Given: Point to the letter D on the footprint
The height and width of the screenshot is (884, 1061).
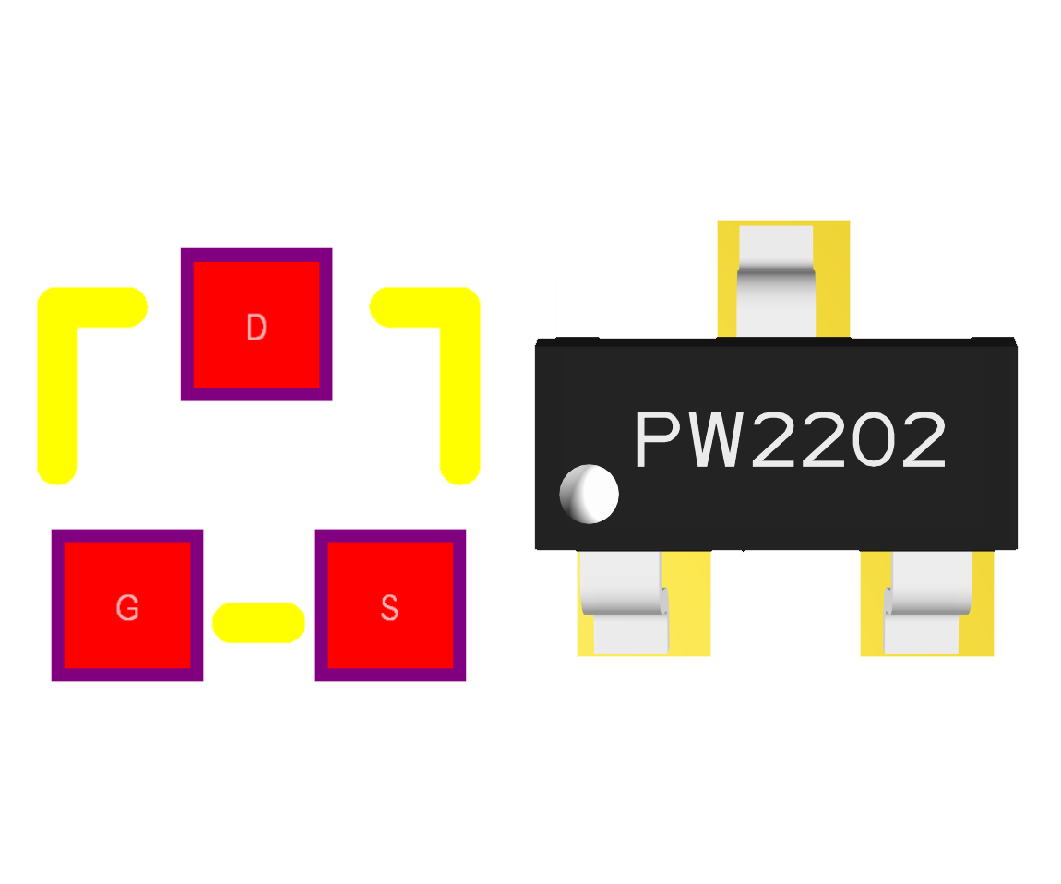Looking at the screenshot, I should pyautogui.click(x=256, y=328).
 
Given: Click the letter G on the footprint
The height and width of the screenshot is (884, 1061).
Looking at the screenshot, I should pyautogui.click(x=127, y=608).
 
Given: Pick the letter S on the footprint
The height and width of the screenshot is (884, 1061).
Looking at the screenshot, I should pyautogui.click(x=389, y=608).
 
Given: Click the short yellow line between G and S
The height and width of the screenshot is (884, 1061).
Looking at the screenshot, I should pyautogui.click(x=258, y=622).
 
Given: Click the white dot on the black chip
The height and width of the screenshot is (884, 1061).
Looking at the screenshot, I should pyautogui.click(x=589, y=494).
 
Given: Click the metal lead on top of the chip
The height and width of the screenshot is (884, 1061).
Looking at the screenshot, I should pyautogui.click(x=776, y=281).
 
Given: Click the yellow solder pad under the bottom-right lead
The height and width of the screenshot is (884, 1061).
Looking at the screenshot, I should pyautogui.click(x=981, y=637).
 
